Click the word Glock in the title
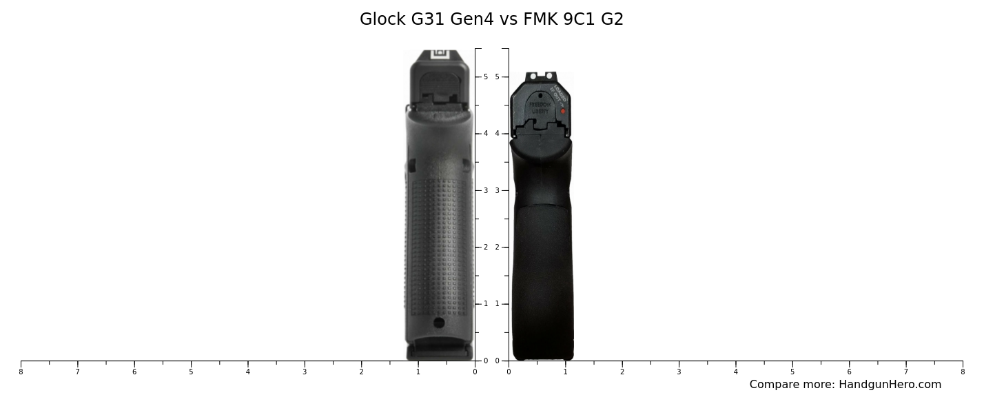382,19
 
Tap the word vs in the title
509,19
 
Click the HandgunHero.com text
890,385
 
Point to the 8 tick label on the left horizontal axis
21,372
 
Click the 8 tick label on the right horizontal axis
963,372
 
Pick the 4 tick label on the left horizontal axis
247,372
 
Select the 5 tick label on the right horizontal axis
792,372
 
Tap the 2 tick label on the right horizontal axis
622,372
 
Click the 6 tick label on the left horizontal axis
134,372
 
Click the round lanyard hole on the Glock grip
439,323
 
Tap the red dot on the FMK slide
563,111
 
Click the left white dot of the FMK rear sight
533,76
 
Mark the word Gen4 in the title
472,19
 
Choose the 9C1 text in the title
579,19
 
